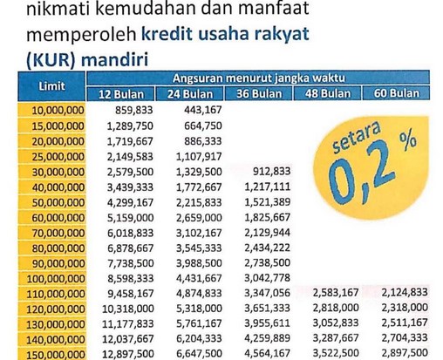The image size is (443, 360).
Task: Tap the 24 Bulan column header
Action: tap(191, 94)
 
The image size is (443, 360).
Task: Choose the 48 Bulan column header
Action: tap(329, 94)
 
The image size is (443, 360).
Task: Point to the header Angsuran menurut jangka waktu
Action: tap(259, 79)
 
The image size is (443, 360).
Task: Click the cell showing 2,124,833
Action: tap(402, 293)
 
